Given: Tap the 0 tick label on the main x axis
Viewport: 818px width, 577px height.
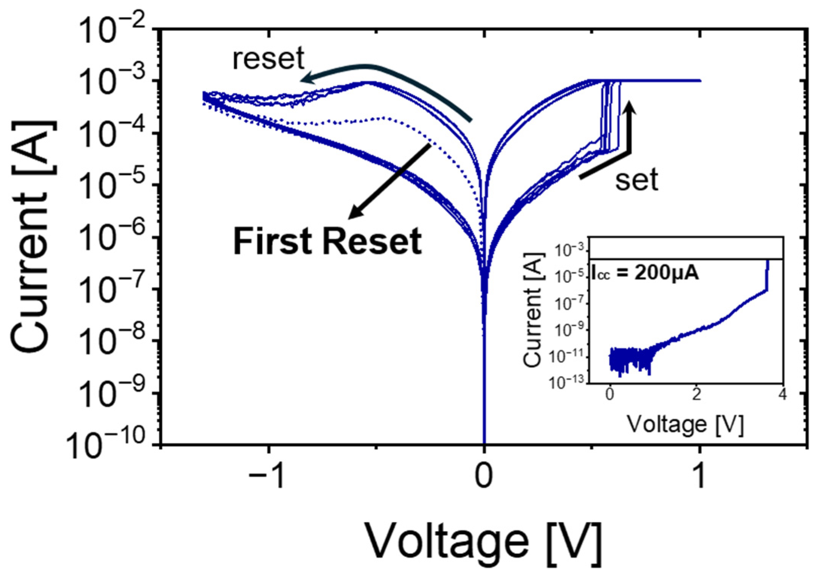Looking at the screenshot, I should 484,476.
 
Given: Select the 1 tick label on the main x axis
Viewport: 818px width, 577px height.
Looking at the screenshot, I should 699,476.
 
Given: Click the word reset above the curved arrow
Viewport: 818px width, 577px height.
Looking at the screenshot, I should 268,58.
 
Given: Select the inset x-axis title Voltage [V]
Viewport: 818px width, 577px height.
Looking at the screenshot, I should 685,424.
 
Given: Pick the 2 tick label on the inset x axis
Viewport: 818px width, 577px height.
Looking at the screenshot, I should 696,395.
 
